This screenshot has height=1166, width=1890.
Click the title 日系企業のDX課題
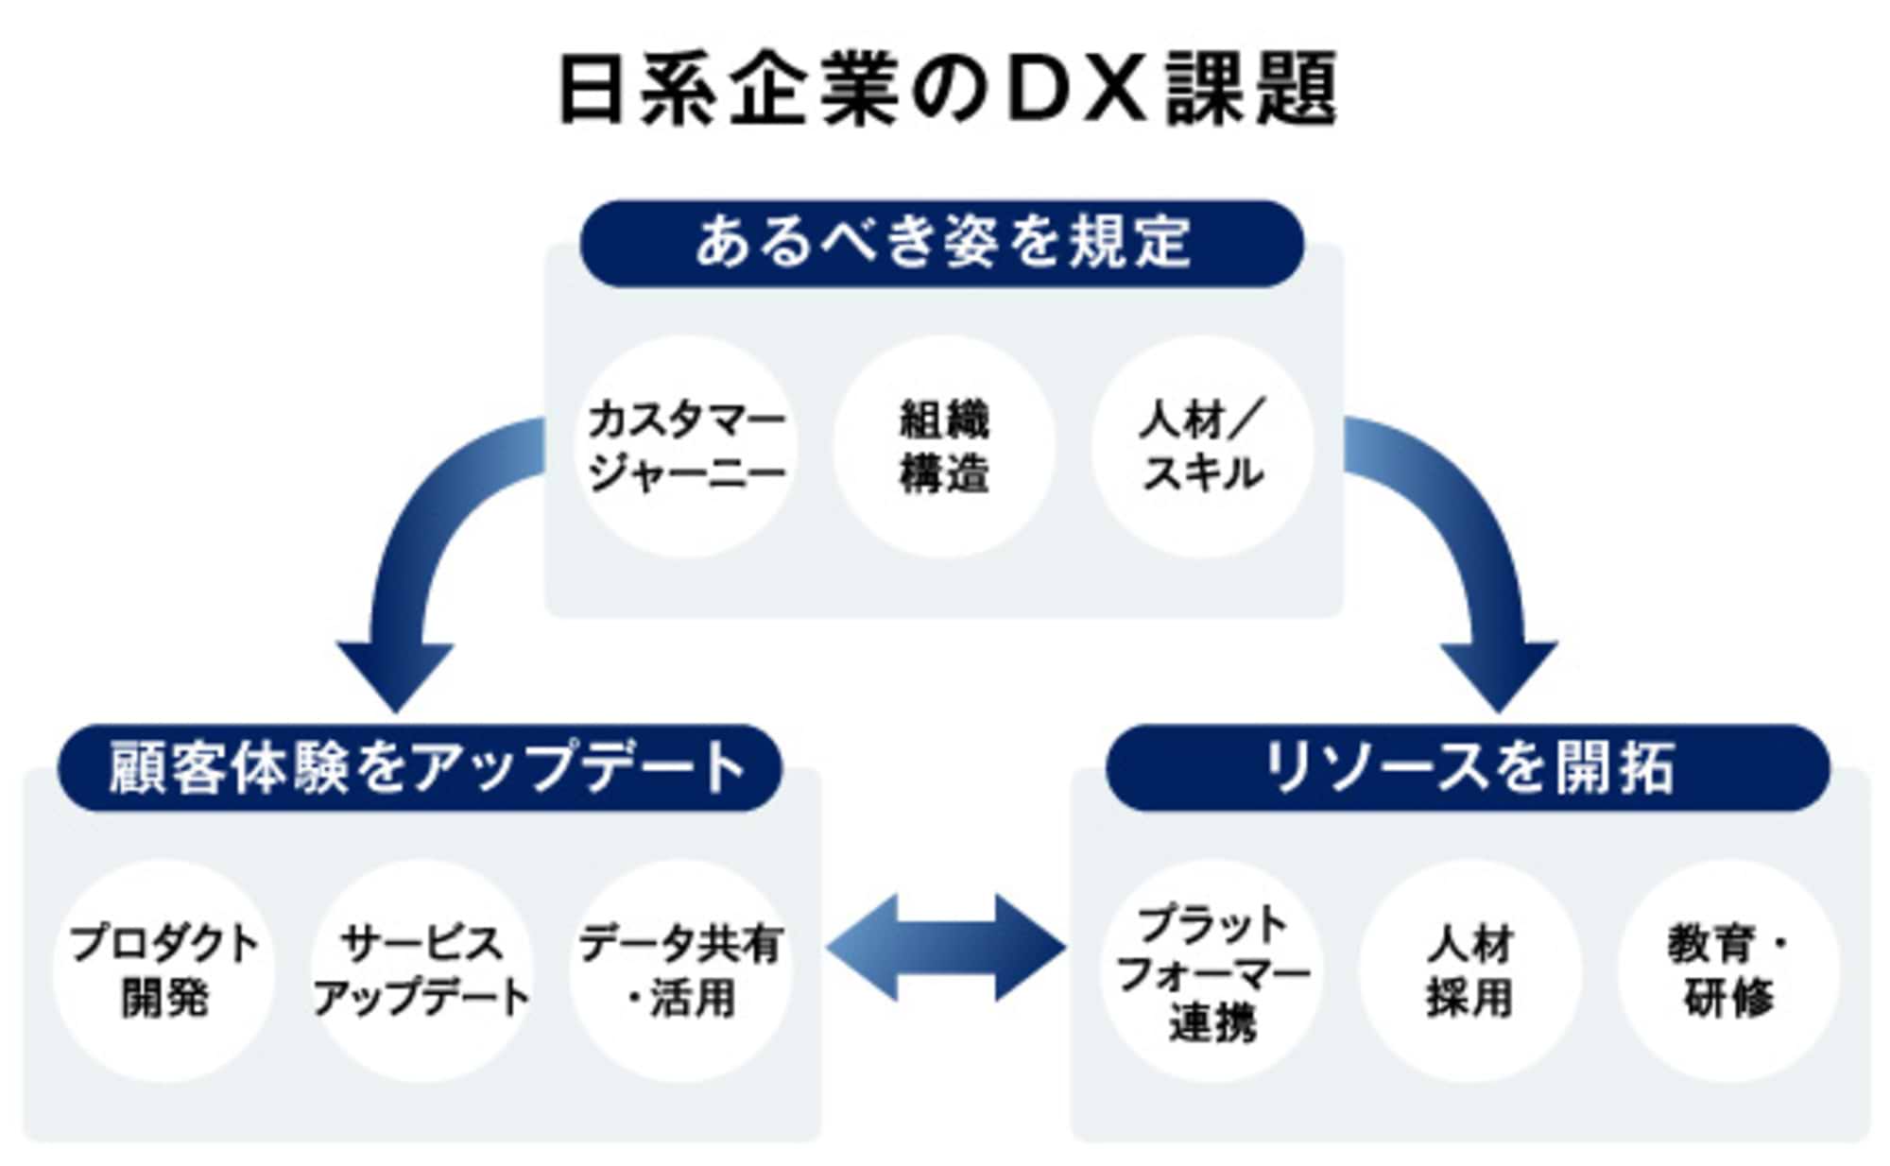click(x=945, y=90)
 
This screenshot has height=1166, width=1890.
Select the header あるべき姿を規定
click(x=942, y=243)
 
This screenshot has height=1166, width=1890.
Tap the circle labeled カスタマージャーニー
click(x=685, y=446)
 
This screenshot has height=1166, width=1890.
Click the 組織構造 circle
click(x=943, y=446)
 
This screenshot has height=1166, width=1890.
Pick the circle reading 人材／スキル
click(x=1202, y=446)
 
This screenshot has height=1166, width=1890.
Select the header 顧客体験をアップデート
click(x=421, y=767)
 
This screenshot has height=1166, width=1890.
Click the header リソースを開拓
click(x=1468, y=767)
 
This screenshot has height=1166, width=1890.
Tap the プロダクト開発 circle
click(x=163, y=970)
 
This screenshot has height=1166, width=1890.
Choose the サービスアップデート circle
click(x=421, y=970)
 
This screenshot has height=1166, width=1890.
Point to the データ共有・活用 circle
click(x=680, y=970)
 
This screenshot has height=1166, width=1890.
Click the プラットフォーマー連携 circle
click(x=1211, y=970)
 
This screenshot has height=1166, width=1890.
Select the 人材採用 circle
click(x=1469, y=970)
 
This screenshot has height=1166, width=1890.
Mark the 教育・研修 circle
click(x=1728, y=970)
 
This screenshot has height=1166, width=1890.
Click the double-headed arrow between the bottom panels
click(x=945, y=948)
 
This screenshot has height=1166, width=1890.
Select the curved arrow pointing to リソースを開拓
click(x=1474, y=557)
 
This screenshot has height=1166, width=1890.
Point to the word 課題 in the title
click(x=1250, y=90)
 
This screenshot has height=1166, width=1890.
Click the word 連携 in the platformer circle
click(x=1211, y=1022)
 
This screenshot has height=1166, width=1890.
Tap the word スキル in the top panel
click(x=1202, y=472)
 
